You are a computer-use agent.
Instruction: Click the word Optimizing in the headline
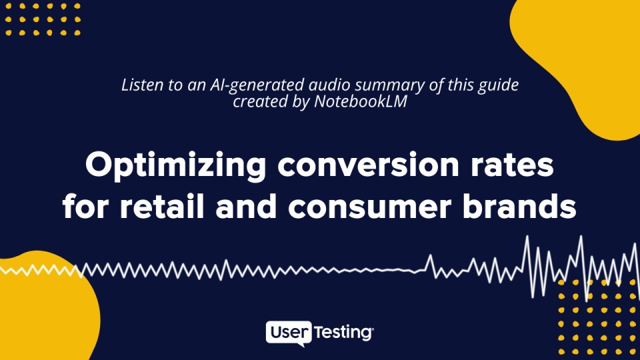(175, 166)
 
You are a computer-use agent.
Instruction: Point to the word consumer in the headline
(370, 208)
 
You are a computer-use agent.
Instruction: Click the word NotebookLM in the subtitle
(361, 101)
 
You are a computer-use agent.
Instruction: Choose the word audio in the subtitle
(329, 85)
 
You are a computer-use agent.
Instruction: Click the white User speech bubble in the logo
(289, 333)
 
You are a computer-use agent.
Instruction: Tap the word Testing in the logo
(343, 333)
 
